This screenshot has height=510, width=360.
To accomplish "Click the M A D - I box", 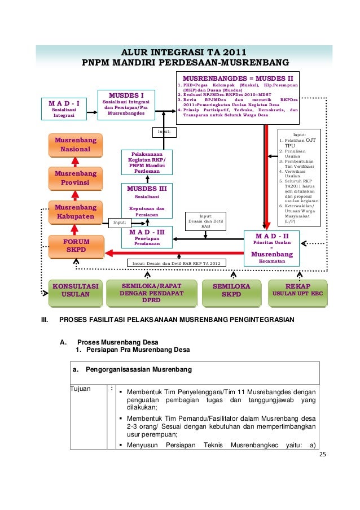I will coord(65,109).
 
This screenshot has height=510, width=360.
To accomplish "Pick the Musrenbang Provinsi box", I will coord(75,178).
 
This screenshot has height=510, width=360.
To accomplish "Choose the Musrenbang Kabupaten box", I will coord(75,212).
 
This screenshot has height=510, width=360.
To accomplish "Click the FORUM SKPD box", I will coord(77,245).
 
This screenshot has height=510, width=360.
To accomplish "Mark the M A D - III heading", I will coord(147,232).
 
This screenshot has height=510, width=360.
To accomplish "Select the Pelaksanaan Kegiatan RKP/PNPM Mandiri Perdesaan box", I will coord(147,162).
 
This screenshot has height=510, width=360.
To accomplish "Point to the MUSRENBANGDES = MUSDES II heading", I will coord(238,78).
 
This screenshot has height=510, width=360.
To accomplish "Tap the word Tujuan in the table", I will coord(81,389).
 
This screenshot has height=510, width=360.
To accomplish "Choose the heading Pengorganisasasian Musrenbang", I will coord(138,369).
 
